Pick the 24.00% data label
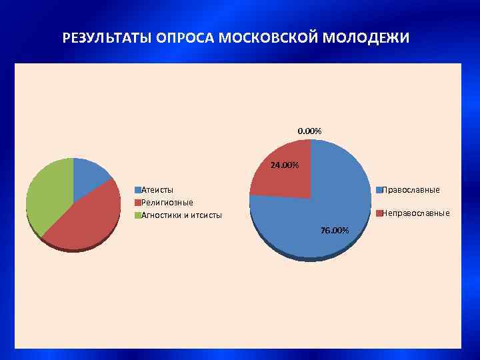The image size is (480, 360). click(285, 165)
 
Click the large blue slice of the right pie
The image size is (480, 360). click(320, 213)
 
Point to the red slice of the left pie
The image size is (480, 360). click(83, 220)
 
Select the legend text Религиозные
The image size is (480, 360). click(167, 202)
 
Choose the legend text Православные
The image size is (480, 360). click(411, 190)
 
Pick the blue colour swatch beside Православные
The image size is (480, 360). click(379, 190)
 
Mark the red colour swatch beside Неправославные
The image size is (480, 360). click(379, 213)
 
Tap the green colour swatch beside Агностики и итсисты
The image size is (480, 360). click(138, 215)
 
